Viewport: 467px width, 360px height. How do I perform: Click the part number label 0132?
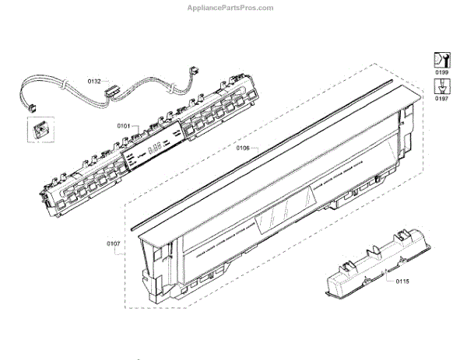click(94, 81)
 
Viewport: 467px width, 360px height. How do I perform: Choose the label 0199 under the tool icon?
click(441, 72)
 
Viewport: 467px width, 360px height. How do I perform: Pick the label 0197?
click(441, 100)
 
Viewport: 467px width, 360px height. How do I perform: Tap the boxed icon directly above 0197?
click(441, 86)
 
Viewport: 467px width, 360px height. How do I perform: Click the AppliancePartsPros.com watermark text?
click(232, 7)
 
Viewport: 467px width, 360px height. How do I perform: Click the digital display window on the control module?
click(156, 148)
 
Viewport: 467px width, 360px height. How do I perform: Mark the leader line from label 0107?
click(129, 245)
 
